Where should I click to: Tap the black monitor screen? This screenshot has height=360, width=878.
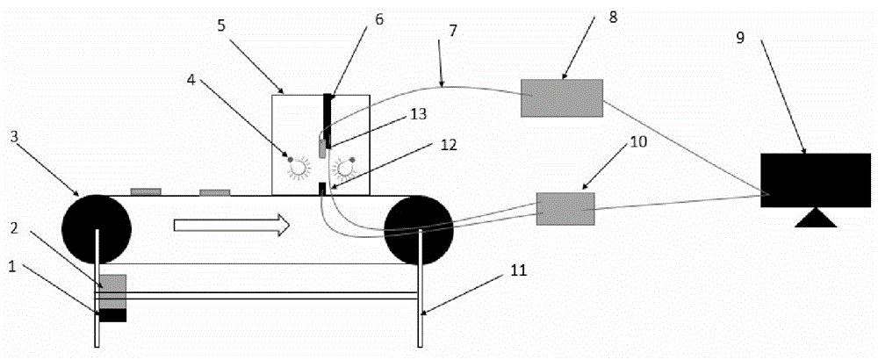(x=815, y=180)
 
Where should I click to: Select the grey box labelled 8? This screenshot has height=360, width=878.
(x=562, y=97)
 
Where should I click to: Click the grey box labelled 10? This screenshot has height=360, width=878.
(x=565, y=208)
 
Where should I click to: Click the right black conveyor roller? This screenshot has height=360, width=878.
(x=418, y=230)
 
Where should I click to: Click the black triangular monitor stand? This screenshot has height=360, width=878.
(x=815, y=218)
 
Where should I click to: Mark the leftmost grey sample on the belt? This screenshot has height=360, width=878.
(x=146, y=191)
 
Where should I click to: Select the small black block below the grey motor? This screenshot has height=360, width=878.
(x=112, y=314)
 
